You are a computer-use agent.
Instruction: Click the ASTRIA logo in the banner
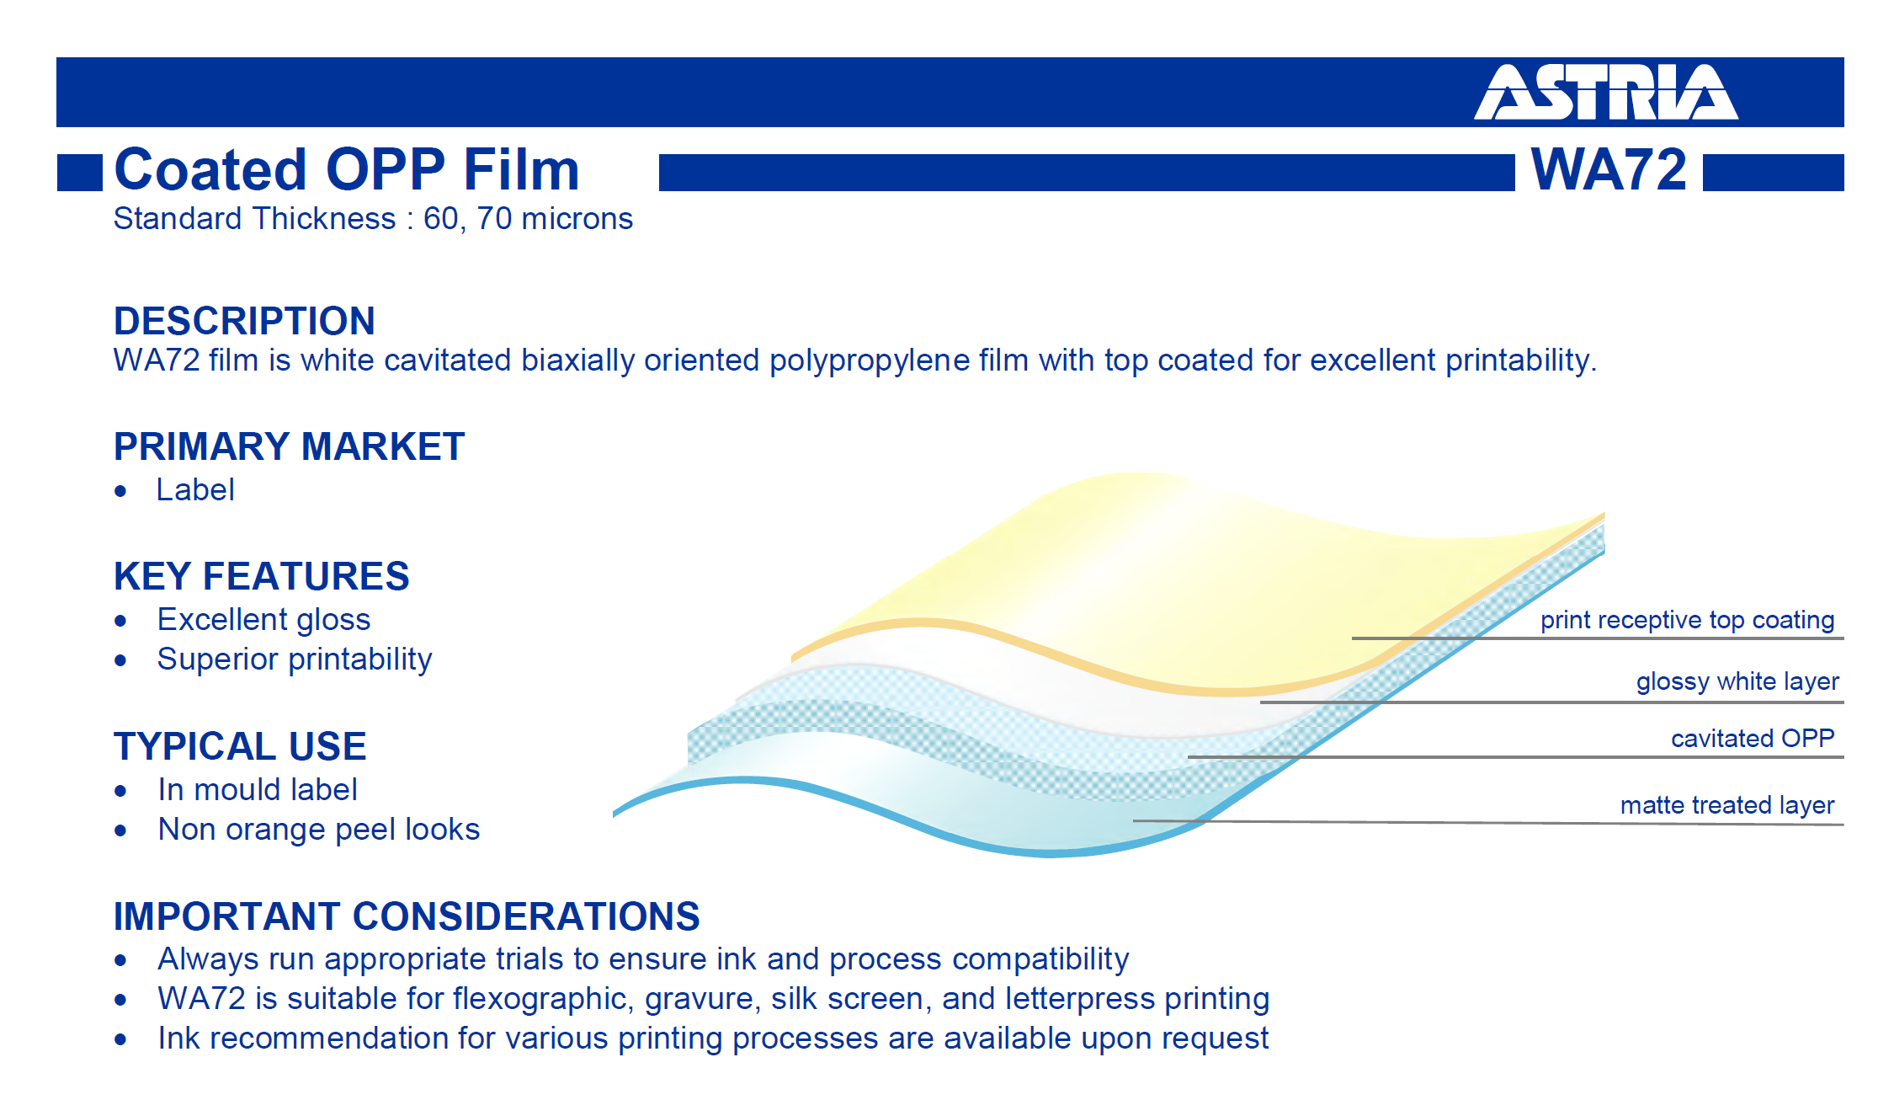tap(1605, 92)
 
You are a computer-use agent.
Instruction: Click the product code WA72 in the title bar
tap(1609, 169)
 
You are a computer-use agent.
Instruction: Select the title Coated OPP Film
tap(347, 169)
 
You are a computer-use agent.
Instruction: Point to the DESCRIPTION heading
tap(244, 321)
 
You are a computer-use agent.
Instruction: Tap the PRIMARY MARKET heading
tap(289, 446)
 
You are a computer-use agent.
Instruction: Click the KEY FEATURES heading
tap(261, 576)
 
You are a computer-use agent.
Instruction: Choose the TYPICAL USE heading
tap(240, 746)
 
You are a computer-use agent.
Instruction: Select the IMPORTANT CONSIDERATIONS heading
tap(407, 916)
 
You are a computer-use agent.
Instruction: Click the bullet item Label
tap(195, 489)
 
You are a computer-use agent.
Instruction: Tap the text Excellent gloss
tap(263, 619)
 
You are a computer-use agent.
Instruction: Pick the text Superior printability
tap(295, 659)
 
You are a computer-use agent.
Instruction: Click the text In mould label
tap(258, 789)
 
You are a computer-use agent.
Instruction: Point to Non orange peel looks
tap(319, 830)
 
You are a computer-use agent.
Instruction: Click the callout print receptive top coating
tap(1687, 620)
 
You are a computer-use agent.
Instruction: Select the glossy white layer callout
tap(1737, 681)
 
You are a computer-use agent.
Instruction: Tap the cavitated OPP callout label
tap(1753, 738)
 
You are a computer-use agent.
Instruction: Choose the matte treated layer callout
tap(1727, 805)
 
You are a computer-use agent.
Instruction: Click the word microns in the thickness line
tap(577, 219)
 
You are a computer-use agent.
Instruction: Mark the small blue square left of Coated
tap(80, 173)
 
